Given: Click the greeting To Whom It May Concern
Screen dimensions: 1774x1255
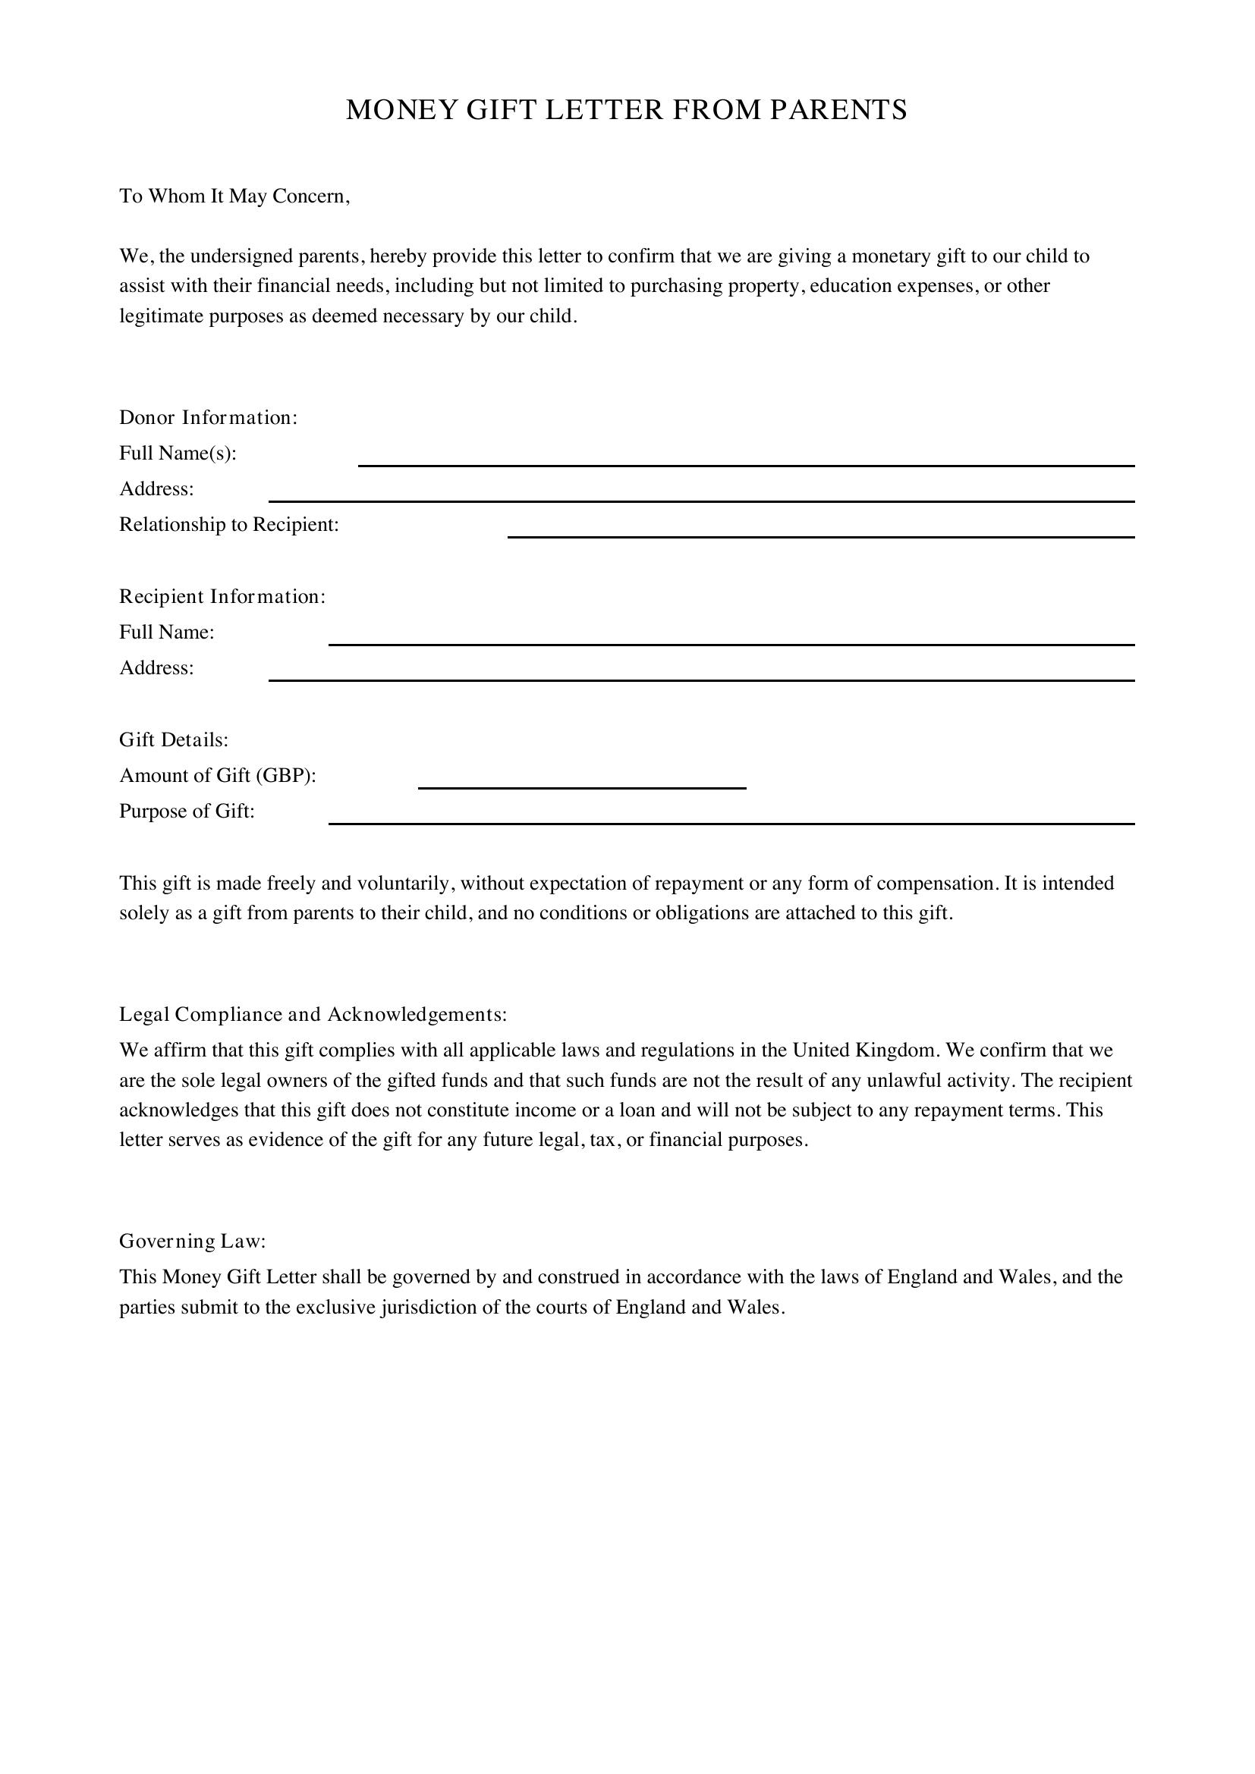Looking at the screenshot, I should tap(234, 196).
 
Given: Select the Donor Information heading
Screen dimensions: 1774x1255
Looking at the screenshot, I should tap(208, 417).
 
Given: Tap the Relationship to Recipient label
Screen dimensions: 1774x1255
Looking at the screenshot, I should tap(228, 525).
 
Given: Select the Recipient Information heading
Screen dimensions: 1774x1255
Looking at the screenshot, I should tap(222, 596).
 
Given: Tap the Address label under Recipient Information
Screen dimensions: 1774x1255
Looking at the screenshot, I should tap(156, 667).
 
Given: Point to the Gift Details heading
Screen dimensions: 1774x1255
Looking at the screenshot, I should tap(173, 739).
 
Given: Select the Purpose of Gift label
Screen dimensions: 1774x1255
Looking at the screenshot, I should tap(186, 812).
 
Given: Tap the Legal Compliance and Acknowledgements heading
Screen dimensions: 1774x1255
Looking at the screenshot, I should tap(313, 1015).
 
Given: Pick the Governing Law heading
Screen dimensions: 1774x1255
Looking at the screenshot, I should tap(192, 1241).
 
